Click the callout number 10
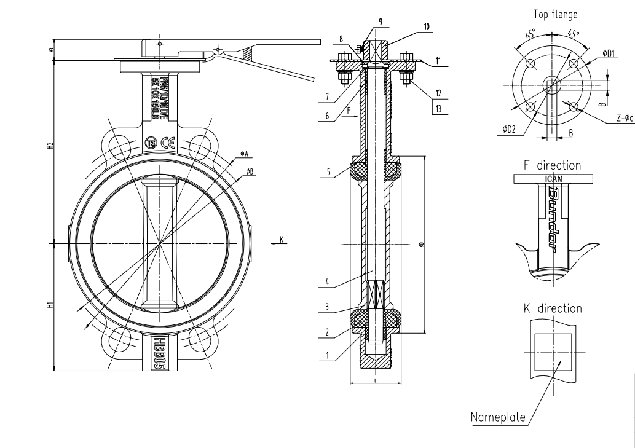427,26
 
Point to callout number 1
328,355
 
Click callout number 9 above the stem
381,22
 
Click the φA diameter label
244,152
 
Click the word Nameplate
497,417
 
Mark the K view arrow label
281,240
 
